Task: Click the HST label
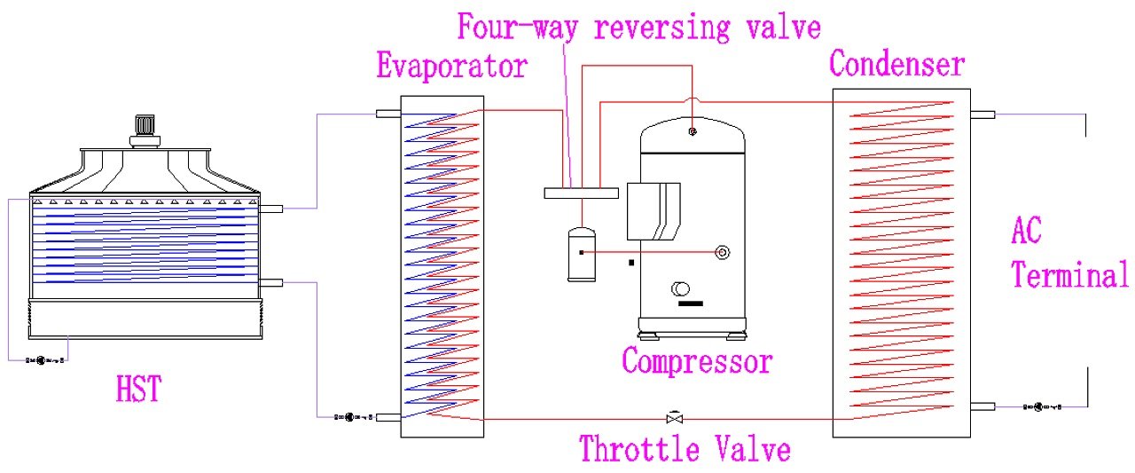(x=138, y=389)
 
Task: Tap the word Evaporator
(x=452, y=66)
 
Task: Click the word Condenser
(x=896, y=64)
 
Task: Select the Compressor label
(x=697, y=361)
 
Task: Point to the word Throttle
(x=640, y=449)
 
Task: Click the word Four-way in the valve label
(x=517, y=27)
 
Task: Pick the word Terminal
(x=1070, y=274)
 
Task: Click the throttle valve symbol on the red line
(x=675, y=418)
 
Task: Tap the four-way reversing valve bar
(x=581, y=193)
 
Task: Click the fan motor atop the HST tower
(x=145, y=131)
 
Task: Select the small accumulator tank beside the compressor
(x=582, y=254)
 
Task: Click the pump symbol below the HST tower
(x=45, y=360)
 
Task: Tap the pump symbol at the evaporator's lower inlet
(x=354, y=417)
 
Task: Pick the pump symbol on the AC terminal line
(x=1042, y=406)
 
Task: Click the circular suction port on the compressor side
(x=722, y=252)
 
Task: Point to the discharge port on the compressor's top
(x=693, y=132)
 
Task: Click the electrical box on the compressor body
(x=654, y=211)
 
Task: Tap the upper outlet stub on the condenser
(x=982, y=115)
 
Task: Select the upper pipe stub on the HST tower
(x=270, y=209)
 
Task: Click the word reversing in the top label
(x=662, y=27)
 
